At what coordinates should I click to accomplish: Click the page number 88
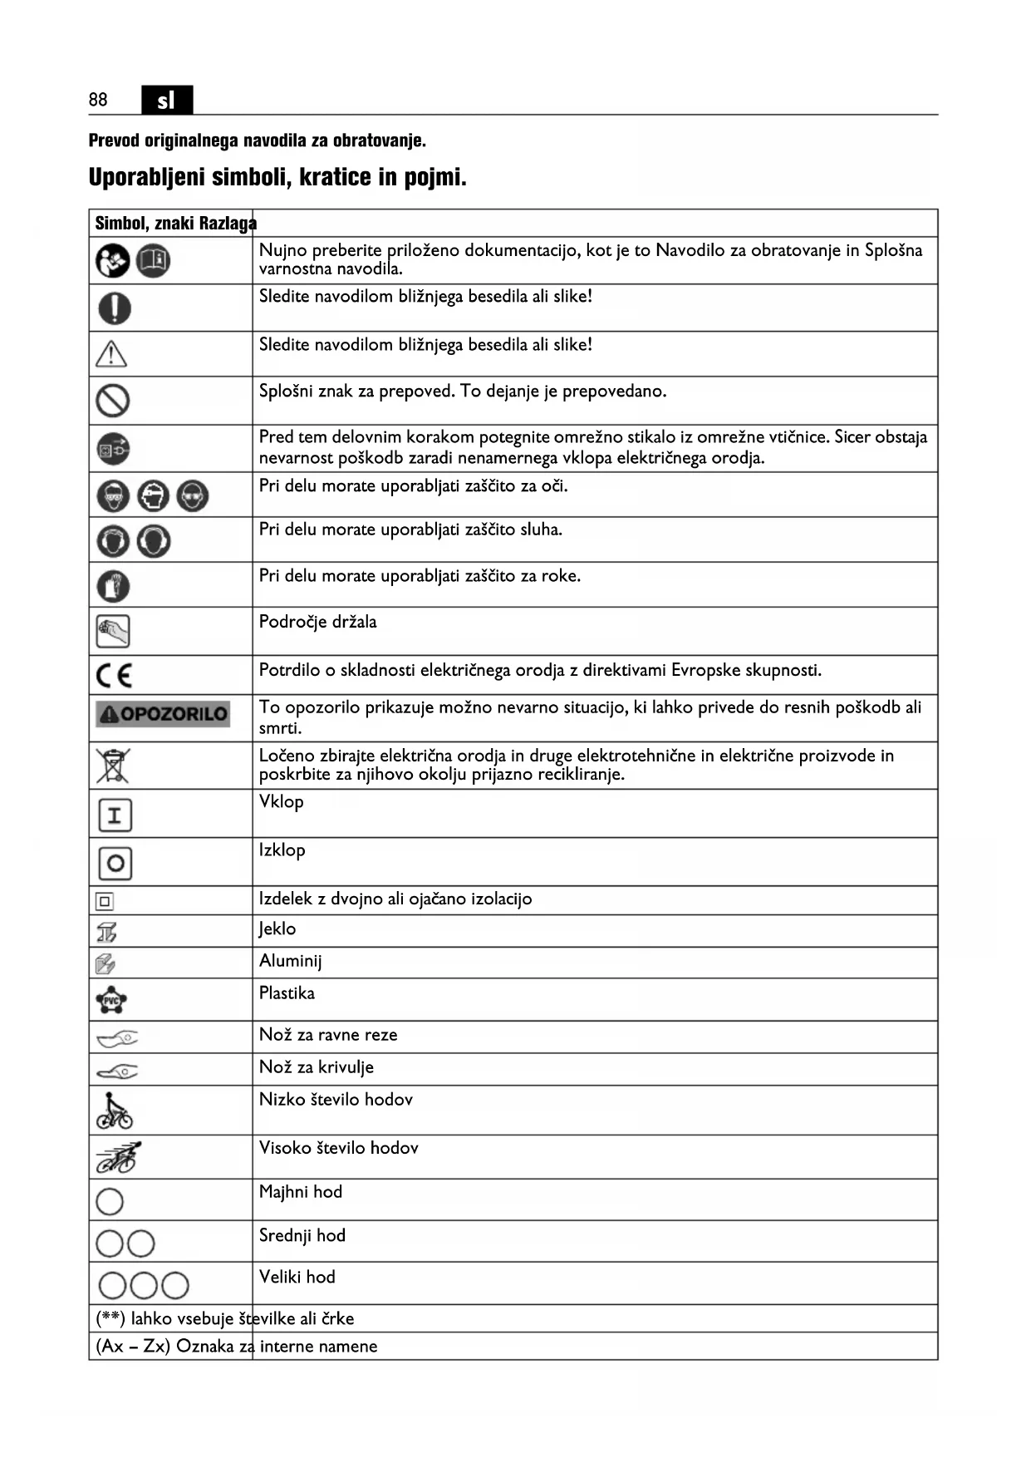pyautogui.click(x=98, y=100)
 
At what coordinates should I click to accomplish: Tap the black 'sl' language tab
pyautogui.click(x=166, y=100)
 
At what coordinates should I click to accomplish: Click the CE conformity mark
pyautogui.click(x=114, y=675)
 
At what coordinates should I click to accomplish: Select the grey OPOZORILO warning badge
pyautogui.click(x=163, y=714)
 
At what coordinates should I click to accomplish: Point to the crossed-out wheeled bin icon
pyautogui.click(x=113, y=766)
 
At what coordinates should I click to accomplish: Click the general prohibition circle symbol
pyautogui.click(x=113, y=401)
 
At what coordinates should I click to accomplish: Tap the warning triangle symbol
pyautogui.click(x=111, y=354)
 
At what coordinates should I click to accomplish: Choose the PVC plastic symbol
pyautogui.click(x=111, y=1000)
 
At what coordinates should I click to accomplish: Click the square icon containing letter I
pyautogui.click(x=115, y=815)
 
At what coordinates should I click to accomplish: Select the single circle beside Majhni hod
pyautogui.click(x=110, y=1201)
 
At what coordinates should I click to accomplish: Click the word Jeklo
pyautogui.click(x=277, y=929)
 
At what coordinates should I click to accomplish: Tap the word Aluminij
pyautogui.click(x=290, y=961)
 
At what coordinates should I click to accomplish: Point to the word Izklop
pyautogui.click(x=282, y=850)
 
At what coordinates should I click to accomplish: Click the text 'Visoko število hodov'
pyautogui.click(x=338, y=1148)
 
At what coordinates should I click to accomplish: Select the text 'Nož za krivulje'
pyautogui.click(x=316, y=1067)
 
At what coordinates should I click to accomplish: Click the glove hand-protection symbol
pyautogui.click(x=114, y=586)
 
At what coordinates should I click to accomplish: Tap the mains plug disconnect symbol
pyautogui.click(x=113, y=450)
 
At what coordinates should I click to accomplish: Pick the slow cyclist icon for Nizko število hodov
pyautogui.click(x=114, y=1111)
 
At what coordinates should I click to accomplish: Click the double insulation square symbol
pyautogui.click(x=105, y=901)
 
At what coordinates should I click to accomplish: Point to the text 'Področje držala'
pyautogui.click(x=317, y=622)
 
